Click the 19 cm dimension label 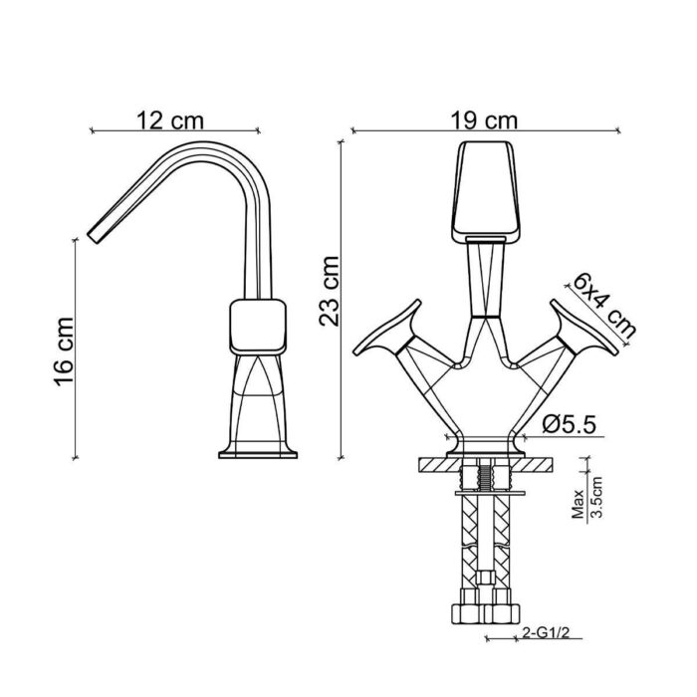[487, 119]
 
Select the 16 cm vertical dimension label [62, 349]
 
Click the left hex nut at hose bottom [468, 612]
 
